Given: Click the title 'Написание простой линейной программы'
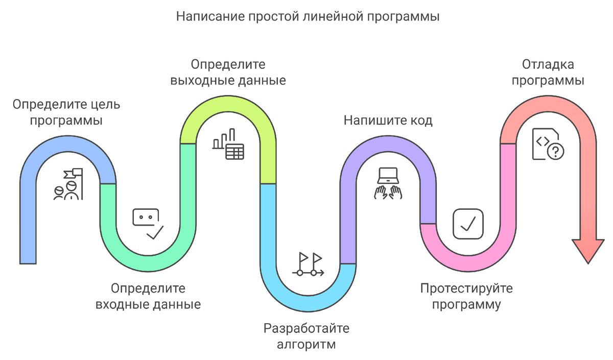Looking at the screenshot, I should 308,16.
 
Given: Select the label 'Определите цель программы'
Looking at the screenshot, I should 66,113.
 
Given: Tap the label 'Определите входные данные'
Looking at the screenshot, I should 148,297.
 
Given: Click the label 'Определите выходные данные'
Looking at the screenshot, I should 228,73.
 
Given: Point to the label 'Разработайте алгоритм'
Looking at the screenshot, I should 306,336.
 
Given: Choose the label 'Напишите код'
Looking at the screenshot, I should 388,120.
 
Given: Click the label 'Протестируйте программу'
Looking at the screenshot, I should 466,297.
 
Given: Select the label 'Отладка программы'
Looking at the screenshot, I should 548,73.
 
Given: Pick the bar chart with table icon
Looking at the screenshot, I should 228,145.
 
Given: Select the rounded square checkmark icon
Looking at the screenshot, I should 468,224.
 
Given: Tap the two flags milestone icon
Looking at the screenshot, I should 309,265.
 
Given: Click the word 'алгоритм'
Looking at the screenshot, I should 306,344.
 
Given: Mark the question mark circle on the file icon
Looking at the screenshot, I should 555,152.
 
